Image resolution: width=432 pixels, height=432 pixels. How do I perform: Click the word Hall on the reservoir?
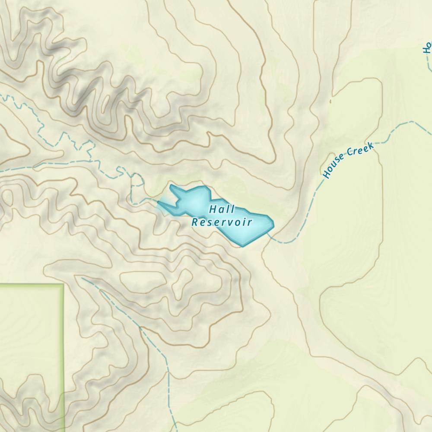pyautogui.click(x=222, y=210)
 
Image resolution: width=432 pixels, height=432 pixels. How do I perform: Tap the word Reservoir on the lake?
pyautogui.click(x=222, y=222)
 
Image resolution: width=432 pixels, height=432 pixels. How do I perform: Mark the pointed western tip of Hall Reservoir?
pyautogui.click(x=159, y=202)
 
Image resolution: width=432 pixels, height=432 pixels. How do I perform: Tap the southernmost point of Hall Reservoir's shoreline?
pyautogui.click(x=243, y=246)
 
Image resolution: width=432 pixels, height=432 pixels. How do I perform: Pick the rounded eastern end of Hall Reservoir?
pyautogui.click(x=272, y=223)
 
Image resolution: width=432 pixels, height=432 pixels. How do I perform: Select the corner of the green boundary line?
pyautogui.click(x=63, y=285)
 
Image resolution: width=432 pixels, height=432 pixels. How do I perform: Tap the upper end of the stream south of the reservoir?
pyautogui.click(x=82, y=279)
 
